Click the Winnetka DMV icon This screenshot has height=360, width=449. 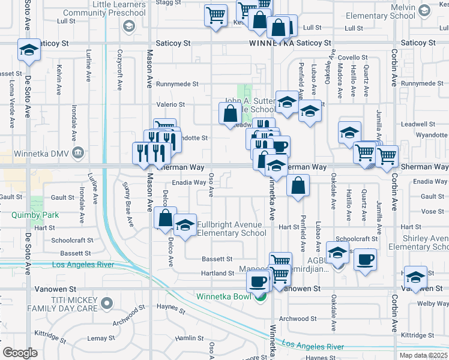coord(77,152)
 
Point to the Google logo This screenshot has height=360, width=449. coord(20,353)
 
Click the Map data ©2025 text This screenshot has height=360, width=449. coord(423,355)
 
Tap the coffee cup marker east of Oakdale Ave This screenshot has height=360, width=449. coord(365,260)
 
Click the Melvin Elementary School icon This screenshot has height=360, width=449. coord(424,10)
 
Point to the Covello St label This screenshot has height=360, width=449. coord(348,57)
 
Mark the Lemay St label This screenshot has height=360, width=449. coord(97,338)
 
